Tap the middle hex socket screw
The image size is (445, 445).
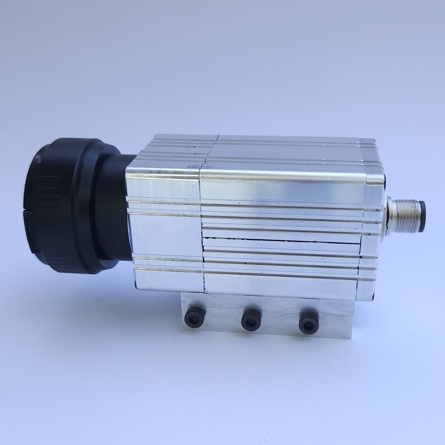tap(251, 320)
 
